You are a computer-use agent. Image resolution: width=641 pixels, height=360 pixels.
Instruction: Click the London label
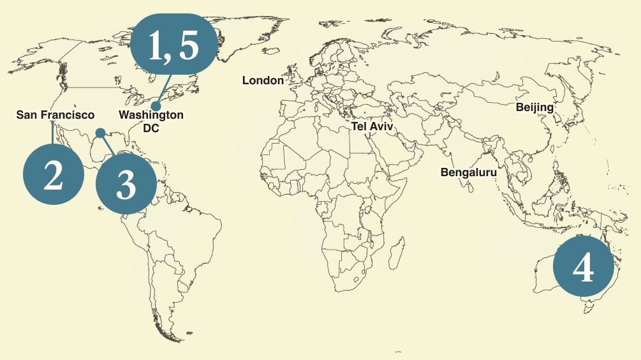[x=263, y=80]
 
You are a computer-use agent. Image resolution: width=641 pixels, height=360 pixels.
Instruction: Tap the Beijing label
[x=534, y=107]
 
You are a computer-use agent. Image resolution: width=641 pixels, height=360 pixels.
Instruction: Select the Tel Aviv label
[x=372, y=126]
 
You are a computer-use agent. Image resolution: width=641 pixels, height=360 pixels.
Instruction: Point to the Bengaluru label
[x=468, y=172]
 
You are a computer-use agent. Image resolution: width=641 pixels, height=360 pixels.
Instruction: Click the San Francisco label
[x=55, y=115]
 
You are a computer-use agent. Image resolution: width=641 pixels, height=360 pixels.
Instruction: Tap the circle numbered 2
[x=54, y=174]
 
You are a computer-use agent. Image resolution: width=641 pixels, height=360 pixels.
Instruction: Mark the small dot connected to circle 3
[x=100, y=133]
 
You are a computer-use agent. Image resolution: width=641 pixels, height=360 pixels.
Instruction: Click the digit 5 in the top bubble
[x=189, y=47]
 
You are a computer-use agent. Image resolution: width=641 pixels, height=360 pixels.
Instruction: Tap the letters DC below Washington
[x=151, y=128]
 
